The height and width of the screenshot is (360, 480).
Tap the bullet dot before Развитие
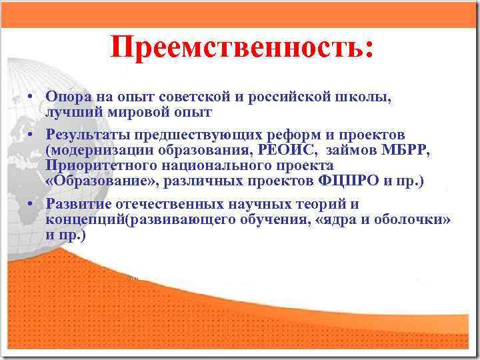pos(31,204)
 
